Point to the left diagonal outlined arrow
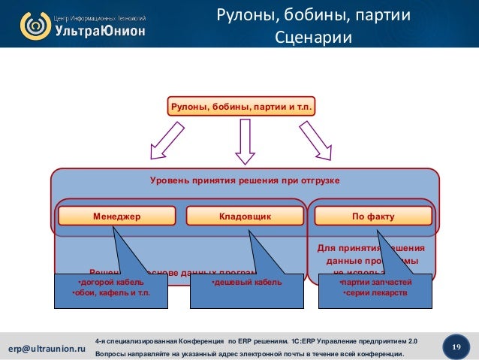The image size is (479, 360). click(166, 141)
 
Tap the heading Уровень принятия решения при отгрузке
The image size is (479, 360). click(246, 181)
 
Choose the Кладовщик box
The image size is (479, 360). click(245, 216)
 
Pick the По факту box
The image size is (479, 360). click(372, 216)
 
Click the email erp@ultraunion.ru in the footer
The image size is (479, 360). click(47, 349)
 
